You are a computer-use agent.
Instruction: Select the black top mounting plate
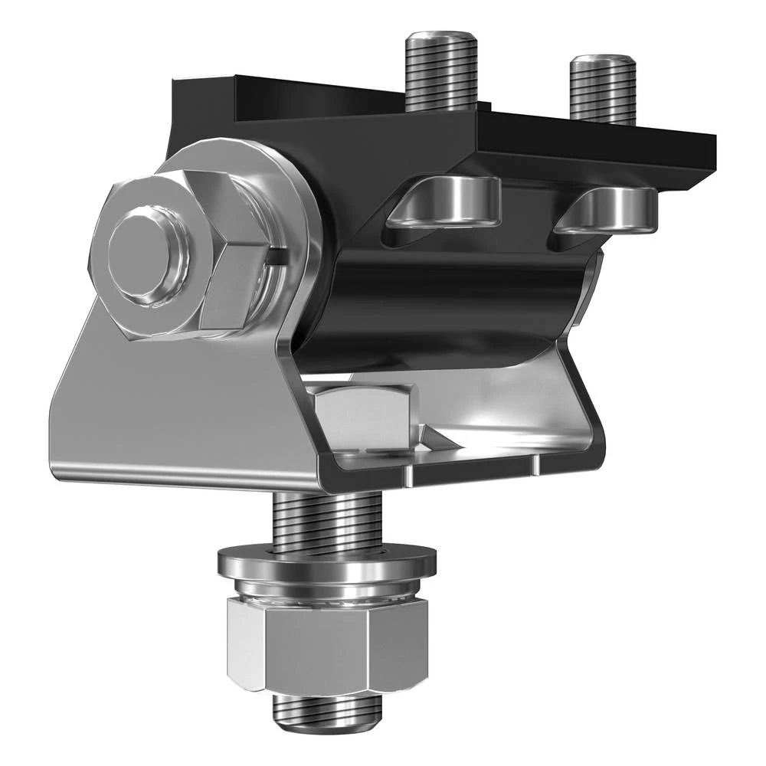tap(582, 142)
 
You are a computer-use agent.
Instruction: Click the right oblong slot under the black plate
tap(609, 208)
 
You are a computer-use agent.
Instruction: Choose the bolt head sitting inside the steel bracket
tap(364, 417)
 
